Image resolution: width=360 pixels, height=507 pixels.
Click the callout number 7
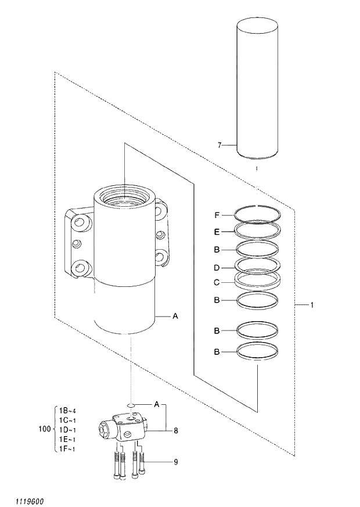pos(219,145)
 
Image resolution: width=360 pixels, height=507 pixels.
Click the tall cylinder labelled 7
pos(257,87)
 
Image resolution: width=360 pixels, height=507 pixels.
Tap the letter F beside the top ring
pos(217,215)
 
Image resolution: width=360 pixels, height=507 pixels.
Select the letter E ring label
pos(217,231)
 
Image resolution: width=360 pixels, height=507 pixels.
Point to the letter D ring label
pos(217,268)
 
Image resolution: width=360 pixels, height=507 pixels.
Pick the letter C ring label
pos(217,283)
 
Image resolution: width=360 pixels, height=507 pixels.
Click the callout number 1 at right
pos(312,305)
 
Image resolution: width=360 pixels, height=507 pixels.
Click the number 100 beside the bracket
pos(44,429)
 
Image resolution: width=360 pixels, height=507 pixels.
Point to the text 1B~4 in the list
pos(68,411)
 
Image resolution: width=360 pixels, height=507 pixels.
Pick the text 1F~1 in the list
pos(68,449)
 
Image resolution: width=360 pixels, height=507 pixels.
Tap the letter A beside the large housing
pos(175,317)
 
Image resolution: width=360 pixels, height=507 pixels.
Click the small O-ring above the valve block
pos(132,405)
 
